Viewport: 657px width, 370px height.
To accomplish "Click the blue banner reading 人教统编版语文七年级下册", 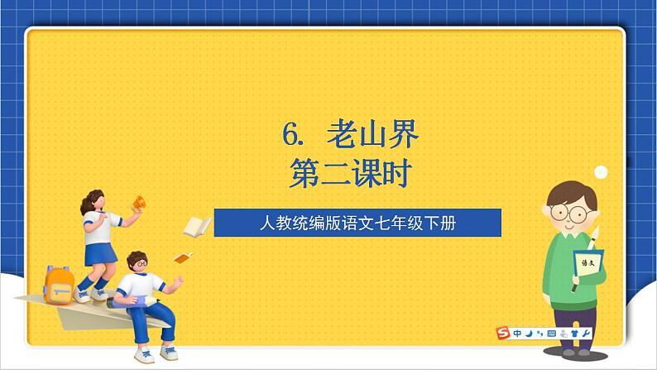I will point(357,223).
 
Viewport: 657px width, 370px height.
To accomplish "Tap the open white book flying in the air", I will point(196,227).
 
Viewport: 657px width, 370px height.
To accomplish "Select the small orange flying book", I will point(183,257).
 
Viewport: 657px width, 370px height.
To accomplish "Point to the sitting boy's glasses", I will point(141,264).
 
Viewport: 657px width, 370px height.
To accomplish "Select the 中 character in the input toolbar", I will point(517,334).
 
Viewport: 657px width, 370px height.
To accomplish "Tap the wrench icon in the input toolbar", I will point(587,334).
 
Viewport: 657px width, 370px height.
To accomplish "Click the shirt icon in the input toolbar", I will point(574,334).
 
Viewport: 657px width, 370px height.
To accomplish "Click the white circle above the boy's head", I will point(602,171).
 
